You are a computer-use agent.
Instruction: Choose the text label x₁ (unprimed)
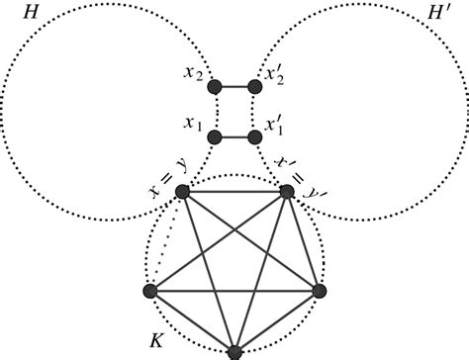pyautogui.click(x=193, y=125)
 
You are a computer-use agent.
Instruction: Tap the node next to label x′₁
pyautogui.click(x=254, y=135)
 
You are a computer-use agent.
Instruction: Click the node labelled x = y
pyautogui.click(x=182, y=192)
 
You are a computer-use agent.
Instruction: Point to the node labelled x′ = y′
pyautogui.click(x=287, y=192)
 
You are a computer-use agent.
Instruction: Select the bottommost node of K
pyautogui.click(x=234, y=352)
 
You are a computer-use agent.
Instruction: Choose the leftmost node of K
pyautogui.click(x=150, y=292)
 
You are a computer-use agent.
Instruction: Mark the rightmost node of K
pyautogui.click(x=319, y=291)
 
